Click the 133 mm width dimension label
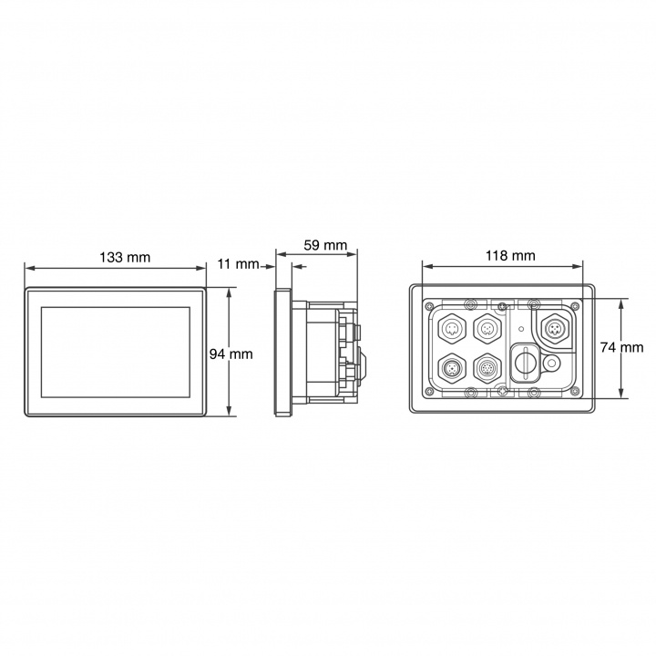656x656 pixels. pos(125,257)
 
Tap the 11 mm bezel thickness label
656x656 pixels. pos(240,265)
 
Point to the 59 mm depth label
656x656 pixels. pos(324,245)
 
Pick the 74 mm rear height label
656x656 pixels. pos(621,347)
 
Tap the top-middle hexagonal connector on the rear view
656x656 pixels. pos(487,327)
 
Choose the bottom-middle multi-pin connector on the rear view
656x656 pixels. pos(487,368)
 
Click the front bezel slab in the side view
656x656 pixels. pos(282,353)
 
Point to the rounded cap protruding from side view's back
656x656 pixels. pos(364,363)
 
